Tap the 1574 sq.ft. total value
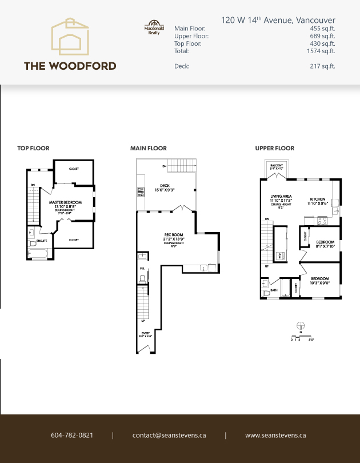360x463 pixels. (x=321, y=51)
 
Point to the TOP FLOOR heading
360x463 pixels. (x=33, y=148)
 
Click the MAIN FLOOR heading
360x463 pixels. (x=149, y=148)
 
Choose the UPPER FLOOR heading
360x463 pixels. (x=275, y=148)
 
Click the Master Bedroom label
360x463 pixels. (x=65, y=202)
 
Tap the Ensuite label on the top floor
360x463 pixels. (x=42, y=241)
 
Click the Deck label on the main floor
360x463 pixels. (x=165, y=185)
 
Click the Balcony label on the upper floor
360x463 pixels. (x=277, y=165)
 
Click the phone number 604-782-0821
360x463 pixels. (x=72, y=435)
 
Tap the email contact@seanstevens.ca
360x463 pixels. (x=169, y=435)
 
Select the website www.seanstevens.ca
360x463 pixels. (x=275, y=435)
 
